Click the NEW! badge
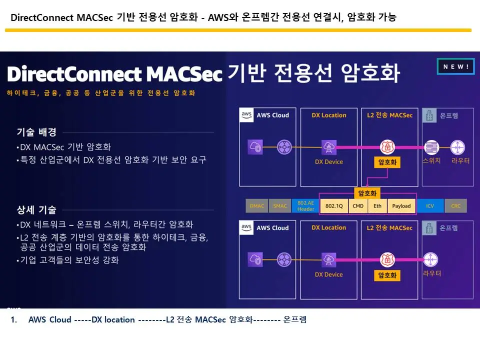tap(455, 67)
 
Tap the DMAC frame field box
tap(257, 205)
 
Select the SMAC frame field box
tap(280, 205)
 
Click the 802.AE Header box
tap(305, 205)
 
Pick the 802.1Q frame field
tap(333, 205)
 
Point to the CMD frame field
tap(358, 205)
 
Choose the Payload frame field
tap(401, 205)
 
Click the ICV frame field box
tap(430, 205)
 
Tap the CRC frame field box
tap(455, 205)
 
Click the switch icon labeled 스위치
tap(431, 147)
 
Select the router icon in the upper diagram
tap(457, 147)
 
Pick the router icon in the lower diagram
tap(431, 259)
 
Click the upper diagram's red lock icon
tap(387, 147)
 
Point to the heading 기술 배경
tap(36, 132)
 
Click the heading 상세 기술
tap(36, 209)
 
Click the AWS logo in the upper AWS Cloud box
tap(246, 115)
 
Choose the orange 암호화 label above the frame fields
tap(367, 192)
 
